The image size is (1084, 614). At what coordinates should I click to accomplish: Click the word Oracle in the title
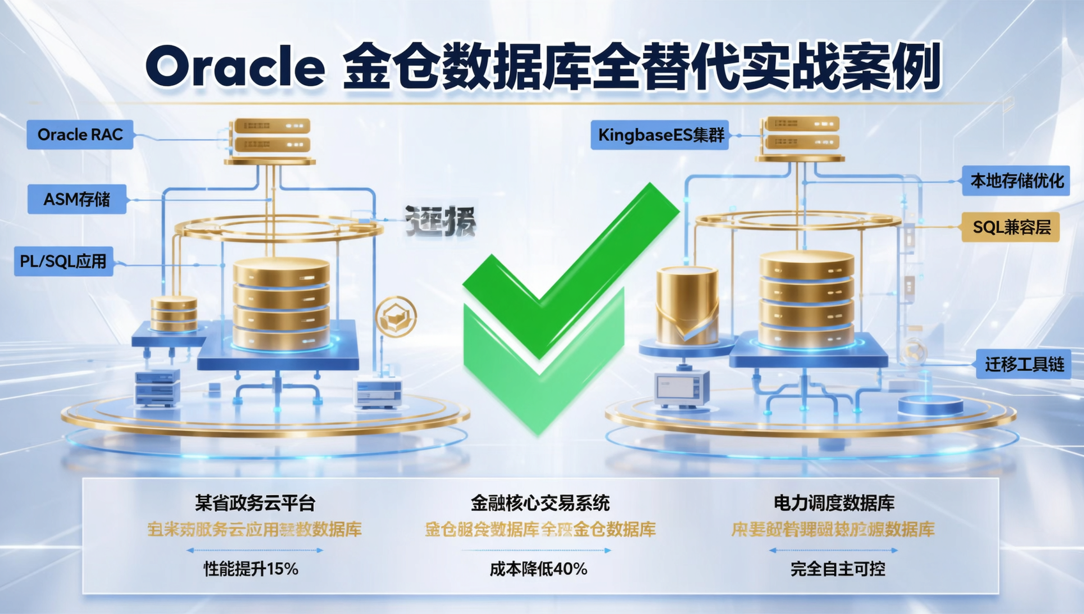[235, 67]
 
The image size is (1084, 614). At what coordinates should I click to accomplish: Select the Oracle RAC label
[80, 135]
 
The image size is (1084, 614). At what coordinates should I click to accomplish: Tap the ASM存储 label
[77, 200]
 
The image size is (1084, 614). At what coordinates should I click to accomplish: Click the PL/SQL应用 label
[63, 262]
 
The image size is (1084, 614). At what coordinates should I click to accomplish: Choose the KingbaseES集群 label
[660, 136]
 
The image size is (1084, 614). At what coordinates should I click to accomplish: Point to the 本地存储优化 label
[1016, 181]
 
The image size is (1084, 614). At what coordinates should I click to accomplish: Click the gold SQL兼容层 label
[1011, 227]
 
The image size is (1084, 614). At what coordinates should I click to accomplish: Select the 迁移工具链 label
[1024, 365]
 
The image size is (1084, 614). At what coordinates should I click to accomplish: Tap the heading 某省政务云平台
[255, 503]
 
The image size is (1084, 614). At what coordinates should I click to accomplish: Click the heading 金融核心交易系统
[540, 503]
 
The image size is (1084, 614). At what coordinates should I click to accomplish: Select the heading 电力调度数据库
[834, 503]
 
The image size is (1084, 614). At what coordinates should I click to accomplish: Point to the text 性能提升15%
[251, 569]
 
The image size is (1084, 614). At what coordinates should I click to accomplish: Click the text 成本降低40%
[538, 569]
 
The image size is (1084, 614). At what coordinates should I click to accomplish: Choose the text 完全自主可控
[837, 569]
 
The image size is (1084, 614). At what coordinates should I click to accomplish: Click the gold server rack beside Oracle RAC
[271, 136]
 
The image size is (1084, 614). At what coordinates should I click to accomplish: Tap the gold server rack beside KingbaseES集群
[800, 133]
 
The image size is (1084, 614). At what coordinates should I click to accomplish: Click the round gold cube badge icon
[396, 316]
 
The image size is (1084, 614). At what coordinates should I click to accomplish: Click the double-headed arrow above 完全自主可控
[833, 550]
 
